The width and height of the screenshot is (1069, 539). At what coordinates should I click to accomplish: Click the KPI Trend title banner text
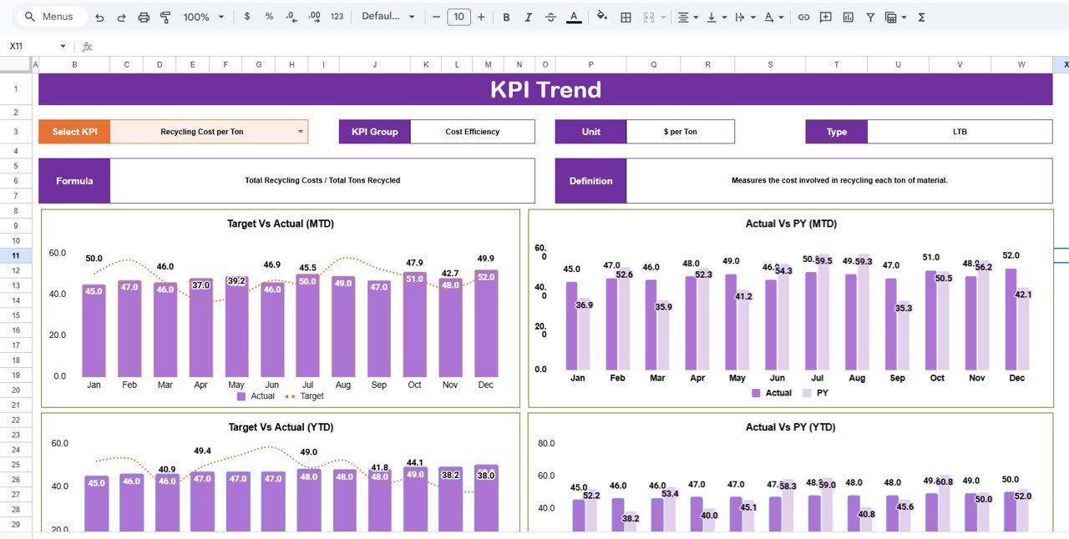(545, 89)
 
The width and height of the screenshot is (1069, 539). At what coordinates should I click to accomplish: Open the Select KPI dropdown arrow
(301, 132)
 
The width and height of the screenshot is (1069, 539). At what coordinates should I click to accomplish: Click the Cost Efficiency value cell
(472, 132)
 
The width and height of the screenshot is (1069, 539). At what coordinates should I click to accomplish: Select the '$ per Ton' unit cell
(680, 132)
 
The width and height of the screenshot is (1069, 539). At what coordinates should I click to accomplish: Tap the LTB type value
(959, 132)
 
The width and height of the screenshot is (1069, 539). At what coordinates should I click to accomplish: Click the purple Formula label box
(74, 181)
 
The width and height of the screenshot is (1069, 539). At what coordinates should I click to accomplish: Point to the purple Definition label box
(590, 181)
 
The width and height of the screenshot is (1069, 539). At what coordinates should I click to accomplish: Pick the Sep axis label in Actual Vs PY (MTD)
(898, 378)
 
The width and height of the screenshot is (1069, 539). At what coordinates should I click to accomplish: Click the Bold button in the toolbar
(506, 17)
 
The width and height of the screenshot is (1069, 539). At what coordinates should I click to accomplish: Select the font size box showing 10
(459, 17)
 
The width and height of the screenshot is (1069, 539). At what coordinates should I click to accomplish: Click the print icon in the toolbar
(144, 17)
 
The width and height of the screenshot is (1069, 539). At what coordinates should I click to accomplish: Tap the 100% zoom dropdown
(204, 17)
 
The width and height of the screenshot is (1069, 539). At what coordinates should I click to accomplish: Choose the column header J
(374, 64)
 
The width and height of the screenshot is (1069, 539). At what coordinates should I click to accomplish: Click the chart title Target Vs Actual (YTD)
(281, 427)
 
